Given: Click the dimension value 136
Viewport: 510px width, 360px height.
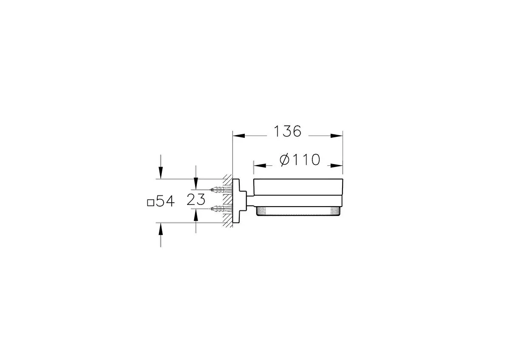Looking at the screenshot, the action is pyautogui.click(x=288, y=131).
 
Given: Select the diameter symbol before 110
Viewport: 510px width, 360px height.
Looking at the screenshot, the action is pyautogui.click(x=285, y=160).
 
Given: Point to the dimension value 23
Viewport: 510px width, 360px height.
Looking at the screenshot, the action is pyautogui.click(x=196, y=199).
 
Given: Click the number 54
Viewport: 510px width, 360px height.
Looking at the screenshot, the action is pyautogui.click(x=165, y=201).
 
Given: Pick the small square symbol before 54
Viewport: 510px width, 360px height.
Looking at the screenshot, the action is pyautogui.click(x=150, y=203).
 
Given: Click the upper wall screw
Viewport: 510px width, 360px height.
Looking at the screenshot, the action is pyautogui.click(x=221, y=189).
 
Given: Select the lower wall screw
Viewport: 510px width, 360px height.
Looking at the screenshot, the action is pyautogui.click(x=221, y=208).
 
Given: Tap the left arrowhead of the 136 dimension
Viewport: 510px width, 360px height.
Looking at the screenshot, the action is pyautogui.click(x=238, y=136).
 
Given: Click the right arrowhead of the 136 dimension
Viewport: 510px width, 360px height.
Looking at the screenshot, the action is pyautogui.click(x=337, y=136).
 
